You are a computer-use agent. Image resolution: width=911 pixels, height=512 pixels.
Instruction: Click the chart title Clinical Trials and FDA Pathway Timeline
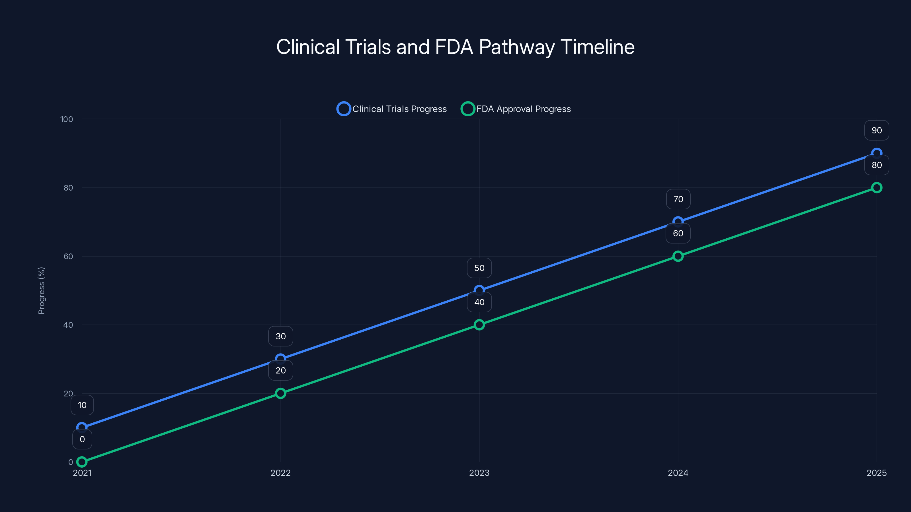point(455,47)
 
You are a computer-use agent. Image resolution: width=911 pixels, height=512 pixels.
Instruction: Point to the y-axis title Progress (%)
point(41,290)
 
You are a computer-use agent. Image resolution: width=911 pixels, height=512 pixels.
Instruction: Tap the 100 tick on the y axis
point(67,119)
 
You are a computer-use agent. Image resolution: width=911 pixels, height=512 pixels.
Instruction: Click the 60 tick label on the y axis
point(68,257)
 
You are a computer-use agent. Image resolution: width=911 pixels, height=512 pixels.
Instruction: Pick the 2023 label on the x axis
point(479,473)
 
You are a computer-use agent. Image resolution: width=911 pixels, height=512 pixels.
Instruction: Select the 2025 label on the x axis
point(876,473)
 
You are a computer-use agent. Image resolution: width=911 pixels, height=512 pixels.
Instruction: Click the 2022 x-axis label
point(280,473)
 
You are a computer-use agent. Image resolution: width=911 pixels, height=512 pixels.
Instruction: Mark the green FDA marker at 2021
point(82,461)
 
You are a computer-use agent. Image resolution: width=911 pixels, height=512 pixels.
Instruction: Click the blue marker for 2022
point(280,359)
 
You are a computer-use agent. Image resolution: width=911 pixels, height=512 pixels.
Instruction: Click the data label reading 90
point(876,130)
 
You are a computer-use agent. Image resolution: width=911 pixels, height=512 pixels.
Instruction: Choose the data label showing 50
point(479,268)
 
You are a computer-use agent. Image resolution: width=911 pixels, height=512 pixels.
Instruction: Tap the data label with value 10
point(82,405)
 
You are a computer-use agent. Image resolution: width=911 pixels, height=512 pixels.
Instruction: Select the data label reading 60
point(678,233)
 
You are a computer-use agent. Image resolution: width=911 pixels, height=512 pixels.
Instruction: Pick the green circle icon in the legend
point(467,109)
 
